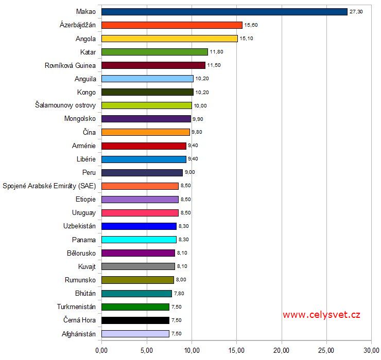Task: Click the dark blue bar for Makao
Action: point(224,11)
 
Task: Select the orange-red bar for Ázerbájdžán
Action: point(172,25)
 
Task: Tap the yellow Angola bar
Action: point(169,38)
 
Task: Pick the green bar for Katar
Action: point(154,51)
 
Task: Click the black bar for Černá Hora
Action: point(135,320)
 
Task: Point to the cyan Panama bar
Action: point(139,239)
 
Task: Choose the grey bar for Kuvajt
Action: point(138,266)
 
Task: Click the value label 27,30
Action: point(356,11)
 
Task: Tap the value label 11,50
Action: point(214,65)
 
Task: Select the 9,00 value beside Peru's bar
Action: point(190,172)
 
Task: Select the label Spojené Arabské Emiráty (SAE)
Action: point(49,186)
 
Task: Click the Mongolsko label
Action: point(78,119)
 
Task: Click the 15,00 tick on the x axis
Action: point(236,351)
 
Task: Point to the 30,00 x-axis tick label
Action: point(371,351)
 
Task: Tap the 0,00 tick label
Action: point(101,351)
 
